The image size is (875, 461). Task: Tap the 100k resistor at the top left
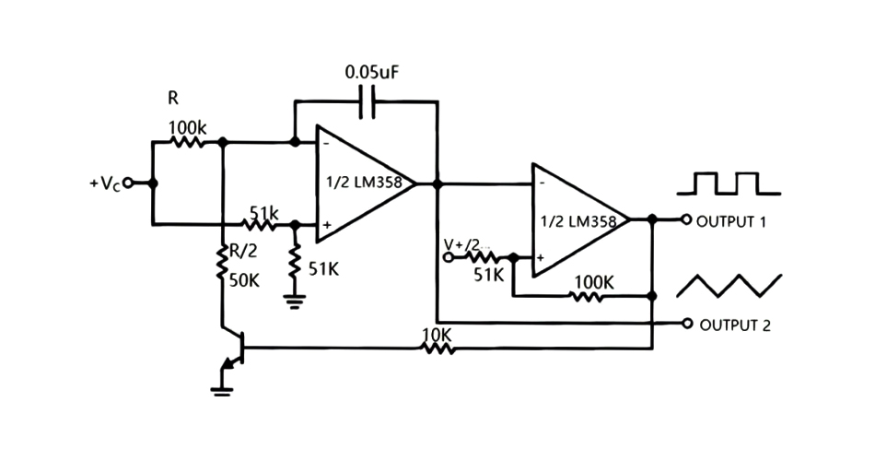[189, 143]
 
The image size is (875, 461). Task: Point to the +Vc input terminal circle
[128, 183]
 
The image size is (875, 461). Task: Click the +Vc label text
[104, 183]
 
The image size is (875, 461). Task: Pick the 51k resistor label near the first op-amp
[263, 211]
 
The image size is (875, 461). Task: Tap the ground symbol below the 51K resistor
[295, 300]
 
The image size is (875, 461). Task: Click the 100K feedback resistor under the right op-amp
[587, 297]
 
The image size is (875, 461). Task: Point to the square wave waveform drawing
[729, 183]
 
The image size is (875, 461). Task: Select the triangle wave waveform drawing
[729, 285]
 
